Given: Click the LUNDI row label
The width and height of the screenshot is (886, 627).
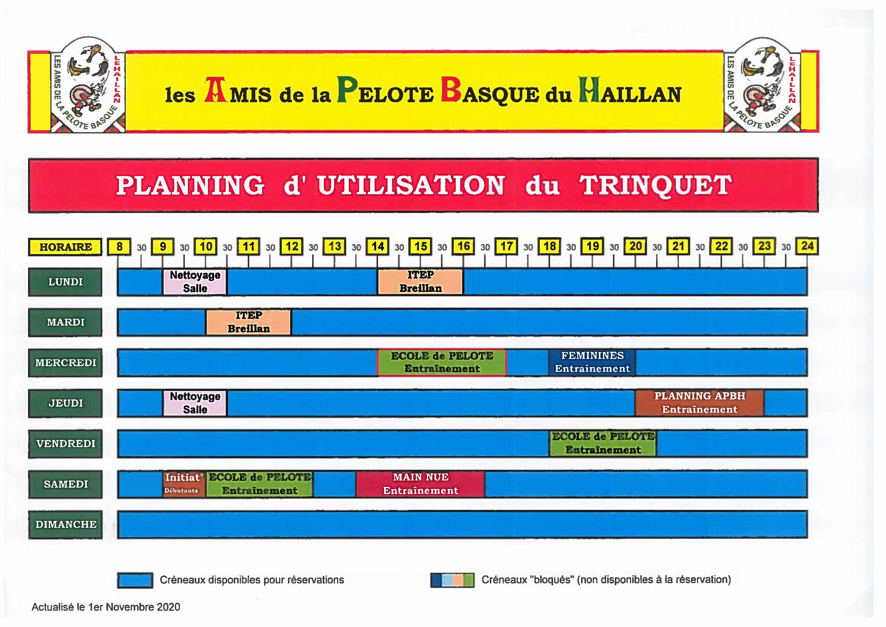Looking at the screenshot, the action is pyautogui.click(x=65, y=282).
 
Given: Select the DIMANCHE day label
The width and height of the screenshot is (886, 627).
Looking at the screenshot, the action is pyautogui.click(x=65, y=525).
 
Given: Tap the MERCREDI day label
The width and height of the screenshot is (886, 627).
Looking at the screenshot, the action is pyautogui.click(x=65, y=363).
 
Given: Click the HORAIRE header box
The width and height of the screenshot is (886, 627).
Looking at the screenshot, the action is pyautogui.click(x=65, y=247).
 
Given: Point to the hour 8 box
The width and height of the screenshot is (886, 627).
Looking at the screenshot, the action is pyautogui.click(x=120, y=247).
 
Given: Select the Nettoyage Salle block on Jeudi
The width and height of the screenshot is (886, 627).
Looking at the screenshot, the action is pyautogui.click(x=195, y=403).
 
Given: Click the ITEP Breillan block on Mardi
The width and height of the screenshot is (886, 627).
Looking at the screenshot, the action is pyautogui.click(x=248, y=322).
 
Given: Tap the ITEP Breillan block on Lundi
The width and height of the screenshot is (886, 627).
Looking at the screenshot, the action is pyautogui.click(x=420, y=282).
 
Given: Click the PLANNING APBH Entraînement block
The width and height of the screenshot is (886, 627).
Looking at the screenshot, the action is pyautogui.click(x=700, y=403).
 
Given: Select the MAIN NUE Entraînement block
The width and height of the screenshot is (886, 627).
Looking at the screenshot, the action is pyautogui.click(x=420, y=484).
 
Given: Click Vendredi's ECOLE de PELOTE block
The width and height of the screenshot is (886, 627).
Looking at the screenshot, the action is pyautogui.click(x=603, y=444).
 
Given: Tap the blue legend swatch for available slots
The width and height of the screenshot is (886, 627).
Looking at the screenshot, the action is pyautogui.click(x=135, y=580).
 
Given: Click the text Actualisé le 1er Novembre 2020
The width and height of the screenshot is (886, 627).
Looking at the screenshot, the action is pyautogui.click(x=106, y=607).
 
